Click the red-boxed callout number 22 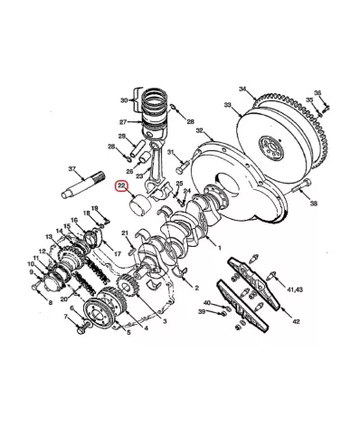tap(122, 189)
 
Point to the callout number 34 tap(242, 88)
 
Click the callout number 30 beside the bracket tap(125, 100)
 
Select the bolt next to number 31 tap(181, 166)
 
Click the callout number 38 tap(313, 205)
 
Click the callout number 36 tap(317, 92)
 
